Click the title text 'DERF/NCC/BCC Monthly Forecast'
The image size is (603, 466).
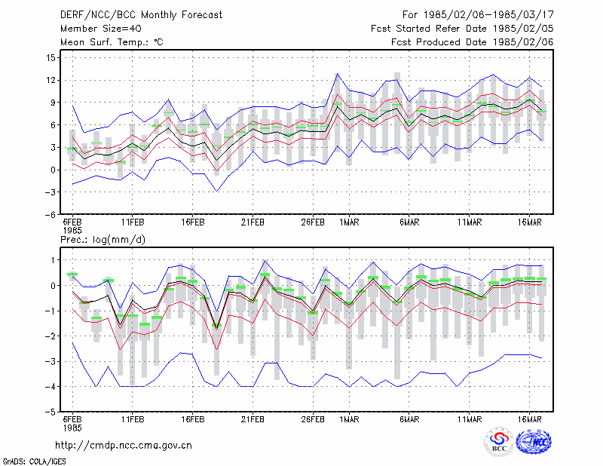click(141, 15)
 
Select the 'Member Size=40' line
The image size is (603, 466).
click(101, 29)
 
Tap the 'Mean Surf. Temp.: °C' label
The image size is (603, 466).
click(112, 42)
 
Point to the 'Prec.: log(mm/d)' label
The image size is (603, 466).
click(103, 240)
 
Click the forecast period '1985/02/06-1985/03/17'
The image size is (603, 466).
click(488, 15)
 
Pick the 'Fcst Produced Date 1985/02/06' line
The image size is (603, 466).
click(473, 42)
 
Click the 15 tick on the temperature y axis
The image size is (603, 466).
click(51, 58)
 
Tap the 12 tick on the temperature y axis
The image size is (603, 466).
click(51, 81)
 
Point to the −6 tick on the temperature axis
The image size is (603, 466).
click(50, 215)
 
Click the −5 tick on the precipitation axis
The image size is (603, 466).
click(50, 412)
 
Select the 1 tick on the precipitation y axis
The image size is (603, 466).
click(53, 260)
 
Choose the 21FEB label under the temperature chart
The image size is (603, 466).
click(253, 222)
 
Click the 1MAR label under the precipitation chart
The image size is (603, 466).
click(349, 419)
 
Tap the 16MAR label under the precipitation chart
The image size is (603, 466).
click(530, 419)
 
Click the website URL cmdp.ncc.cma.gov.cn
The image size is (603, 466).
click(124, 446)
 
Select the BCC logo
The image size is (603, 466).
click(499, 442)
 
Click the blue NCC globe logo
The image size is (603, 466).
click(534, 442)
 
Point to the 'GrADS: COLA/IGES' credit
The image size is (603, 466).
click(35, 461)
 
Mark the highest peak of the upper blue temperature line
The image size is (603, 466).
click(337, 73)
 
